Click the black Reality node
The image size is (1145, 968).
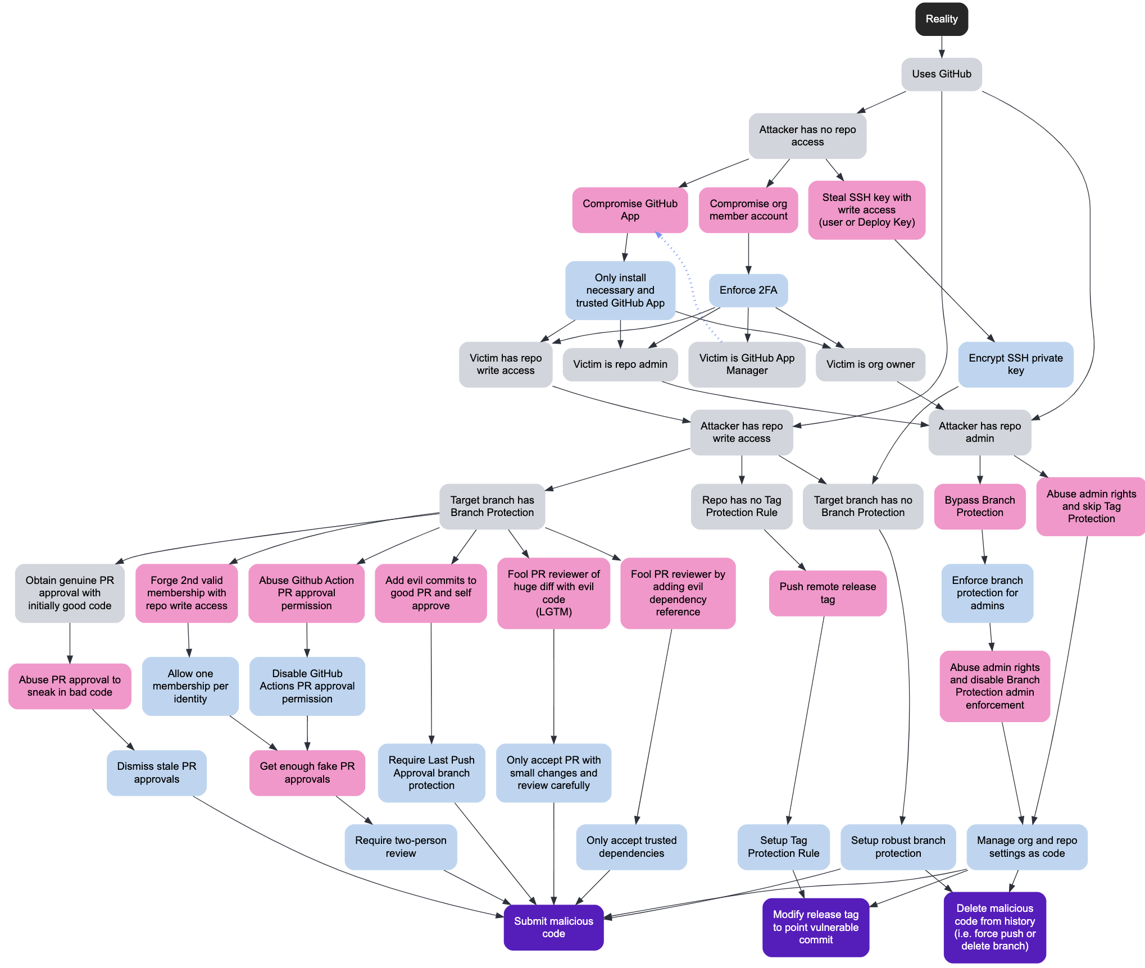[x=941, y=19]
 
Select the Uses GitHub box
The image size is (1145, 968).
[x=941, y=74]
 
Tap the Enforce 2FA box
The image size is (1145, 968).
[x=748, y=290]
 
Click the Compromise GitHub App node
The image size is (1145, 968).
[x=629, y=210]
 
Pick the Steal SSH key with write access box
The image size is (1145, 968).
[x=866, y=210]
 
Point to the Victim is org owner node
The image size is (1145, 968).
[x=870, y=364]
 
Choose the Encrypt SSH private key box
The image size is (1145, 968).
[x=1015, y=364]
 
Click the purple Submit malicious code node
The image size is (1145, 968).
[x=553, y=927]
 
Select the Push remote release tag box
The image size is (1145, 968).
[x=827, y=593]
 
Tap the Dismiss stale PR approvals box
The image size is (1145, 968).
[x=156, y=773]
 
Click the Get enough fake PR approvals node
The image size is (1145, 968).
[x=307, y=773]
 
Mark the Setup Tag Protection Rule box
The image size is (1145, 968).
[x=783, y=847]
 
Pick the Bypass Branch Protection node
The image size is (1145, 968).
[x=979, y=506]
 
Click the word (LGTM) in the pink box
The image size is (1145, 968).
[x=553, y=612]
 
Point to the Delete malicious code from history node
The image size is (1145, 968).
[x=994, y=927]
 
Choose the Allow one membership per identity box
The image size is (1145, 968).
[x=190, y=686]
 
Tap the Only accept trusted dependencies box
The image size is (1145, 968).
[x=631, y=847]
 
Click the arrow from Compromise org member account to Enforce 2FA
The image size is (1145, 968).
[x=748, y=253]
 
